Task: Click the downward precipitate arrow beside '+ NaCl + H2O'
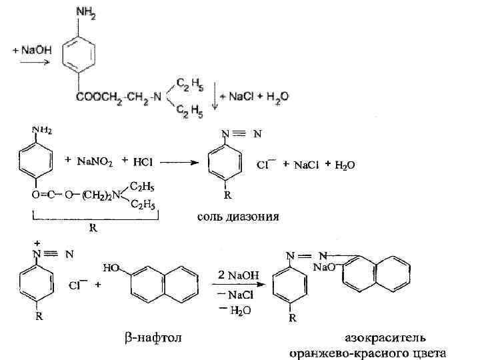(215, 97)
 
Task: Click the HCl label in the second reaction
(143, 161)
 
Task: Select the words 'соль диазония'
(238, 216)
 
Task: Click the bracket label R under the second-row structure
(93, 227)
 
